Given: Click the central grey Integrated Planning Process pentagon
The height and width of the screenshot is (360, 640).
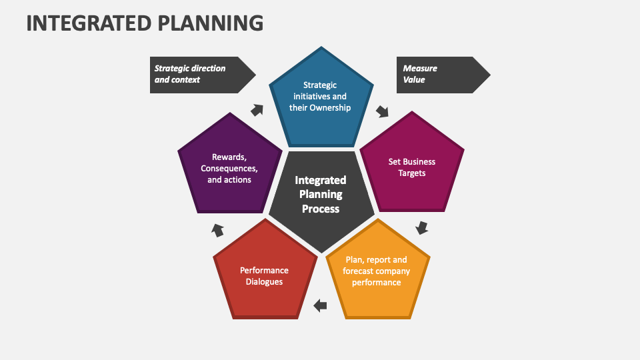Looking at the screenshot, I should pyautogui.click(x=321, y=197).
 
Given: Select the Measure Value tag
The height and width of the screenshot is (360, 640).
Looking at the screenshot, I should pyautogui.click(x=440, y=74).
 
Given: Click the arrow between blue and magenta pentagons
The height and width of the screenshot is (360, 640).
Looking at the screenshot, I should pyautogui.click(x=383, y=111).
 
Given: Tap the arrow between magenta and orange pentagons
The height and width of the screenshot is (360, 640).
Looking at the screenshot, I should pyautogui.click(x=421, y=228).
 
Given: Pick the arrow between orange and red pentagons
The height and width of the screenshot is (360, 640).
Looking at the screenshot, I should pyautogui.click(x=321, y=306).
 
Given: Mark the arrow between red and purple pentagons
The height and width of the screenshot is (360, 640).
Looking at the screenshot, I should pyautogui.click(x=218, y=230).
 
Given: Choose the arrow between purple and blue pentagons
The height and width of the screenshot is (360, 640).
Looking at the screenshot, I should pyautogui.click(x=257, y=111).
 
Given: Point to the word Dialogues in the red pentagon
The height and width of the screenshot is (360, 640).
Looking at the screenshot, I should pyautogui.click(x=264, y=282).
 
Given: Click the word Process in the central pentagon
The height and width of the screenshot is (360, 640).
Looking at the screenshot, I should pyautogui.click(x=321, y=209).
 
